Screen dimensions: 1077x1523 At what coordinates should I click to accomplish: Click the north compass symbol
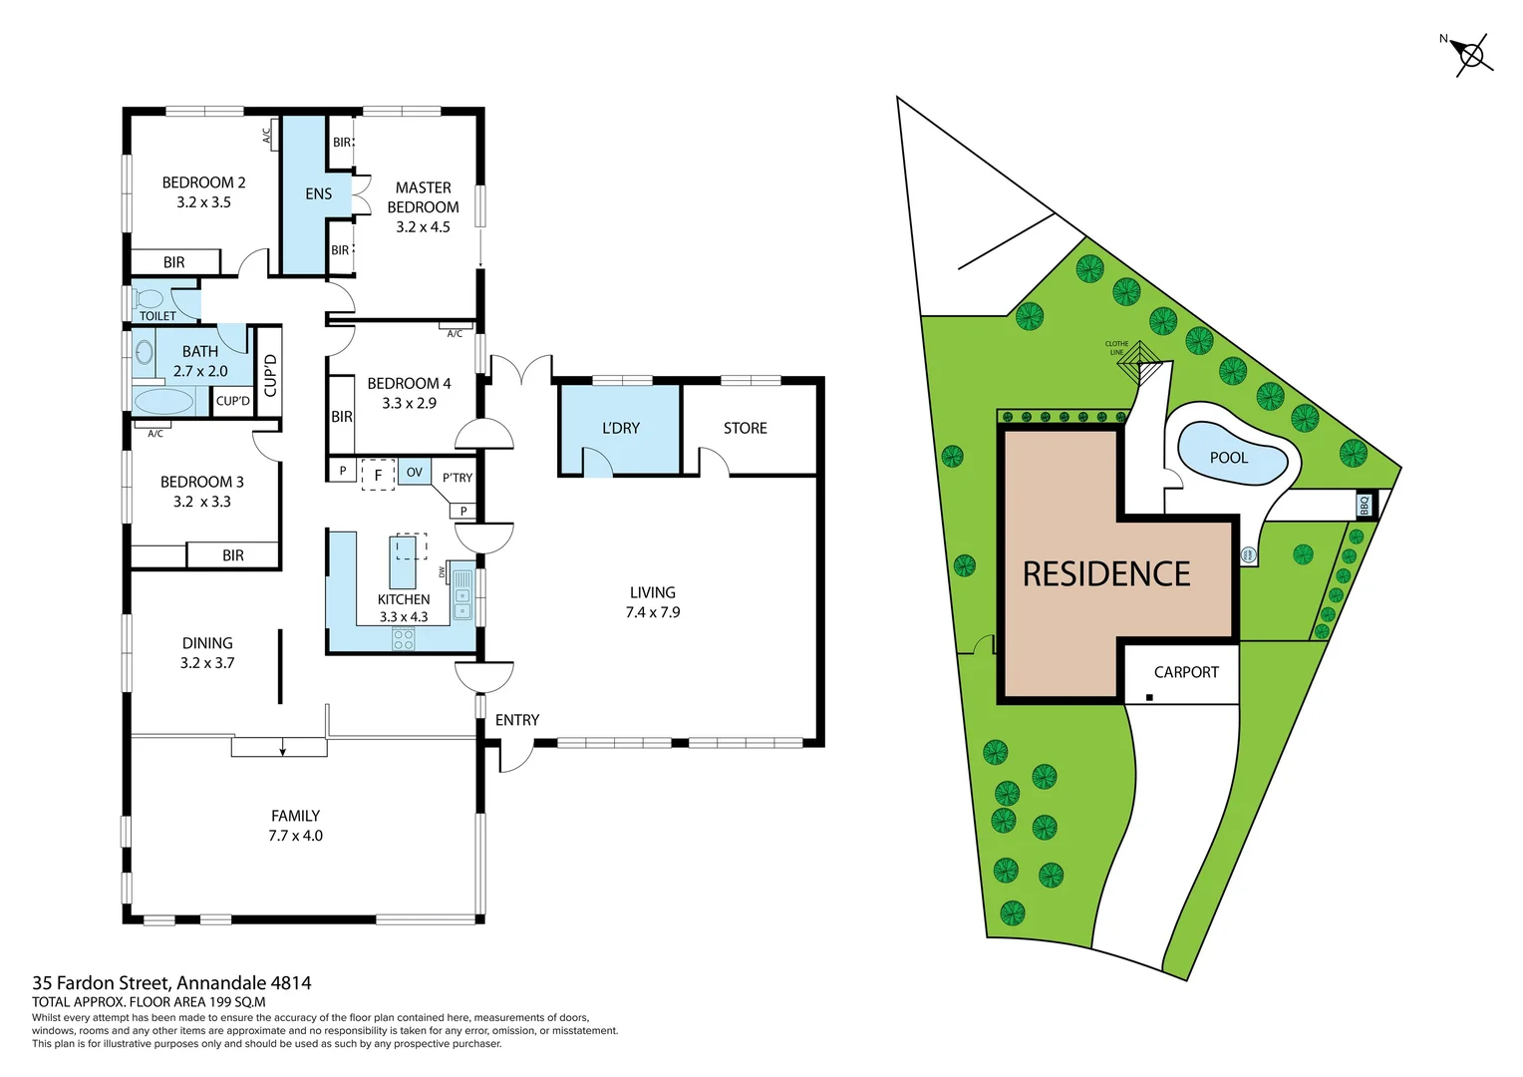pos(1470,54)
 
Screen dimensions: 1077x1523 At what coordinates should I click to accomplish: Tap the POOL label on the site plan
pos(1228,458)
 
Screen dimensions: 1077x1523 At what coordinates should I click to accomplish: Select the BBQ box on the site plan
pos(1365,506)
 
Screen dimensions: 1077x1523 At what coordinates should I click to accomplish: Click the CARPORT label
pos(1186,672)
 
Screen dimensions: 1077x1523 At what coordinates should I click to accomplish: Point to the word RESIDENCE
pos(1106,574)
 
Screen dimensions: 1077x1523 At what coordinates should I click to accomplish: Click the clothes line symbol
pos(1140,365)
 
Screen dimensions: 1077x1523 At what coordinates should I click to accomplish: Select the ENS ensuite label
pos(318,193)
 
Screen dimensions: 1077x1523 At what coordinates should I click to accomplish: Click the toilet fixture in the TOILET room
pos(150,298)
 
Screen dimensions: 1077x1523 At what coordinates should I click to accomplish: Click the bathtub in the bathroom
pos(163,402)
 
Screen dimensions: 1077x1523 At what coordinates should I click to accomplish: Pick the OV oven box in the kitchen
pos(415,472)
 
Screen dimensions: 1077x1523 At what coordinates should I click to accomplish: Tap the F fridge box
pos(378,475)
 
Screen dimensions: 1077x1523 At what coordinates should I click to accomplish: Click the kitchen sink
pos(463,595)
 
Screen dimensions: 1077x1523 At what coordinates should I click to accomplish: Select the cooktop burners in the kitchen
pos(404,639)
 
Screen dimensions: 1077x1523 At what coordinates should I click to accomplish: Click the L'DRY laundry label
pos(620,428)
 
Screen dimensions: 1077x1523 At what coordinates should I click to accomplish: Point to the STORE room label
pos(745,428)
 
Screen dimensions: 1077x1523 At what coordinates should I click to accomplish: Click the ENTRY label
pos(516,720)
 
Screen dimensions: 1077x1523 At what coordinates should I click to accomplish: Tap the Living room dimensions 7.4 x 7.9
pos(652,612)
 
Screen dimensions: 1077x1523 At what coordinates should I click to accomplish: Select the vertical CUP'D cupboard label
pos(269,374)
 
